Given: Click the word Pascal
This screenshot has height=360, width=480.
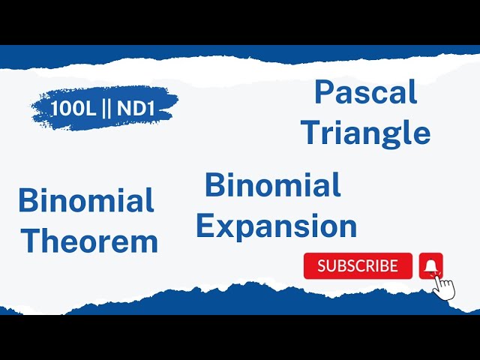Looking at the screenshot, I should point(365,92).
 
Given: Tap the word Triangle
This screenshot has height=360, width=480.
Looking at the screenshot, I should point(365,133).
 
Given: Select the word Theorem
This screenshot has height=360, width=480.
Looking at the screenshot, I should point(89,241).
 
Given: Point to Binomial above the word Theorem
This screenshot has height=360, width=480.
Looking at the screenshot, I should point(86,201).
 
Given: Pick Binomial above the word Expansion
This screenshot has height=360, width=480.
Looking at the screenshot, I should point(273,185).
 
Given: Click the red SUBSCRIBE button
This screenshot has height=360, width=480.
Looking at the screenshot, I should point(358,265).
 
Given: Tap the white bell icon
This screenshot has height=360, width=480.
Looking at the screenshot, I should point(431,265).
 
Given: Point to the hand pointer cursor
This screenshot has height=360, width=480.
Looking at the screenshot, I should point(445,287).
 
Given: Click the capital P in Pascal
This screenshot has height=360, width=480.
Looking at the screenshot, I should point(323,92).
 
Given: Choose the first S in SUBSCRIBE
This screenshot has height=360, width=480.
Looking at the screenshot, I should point(322,265).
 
